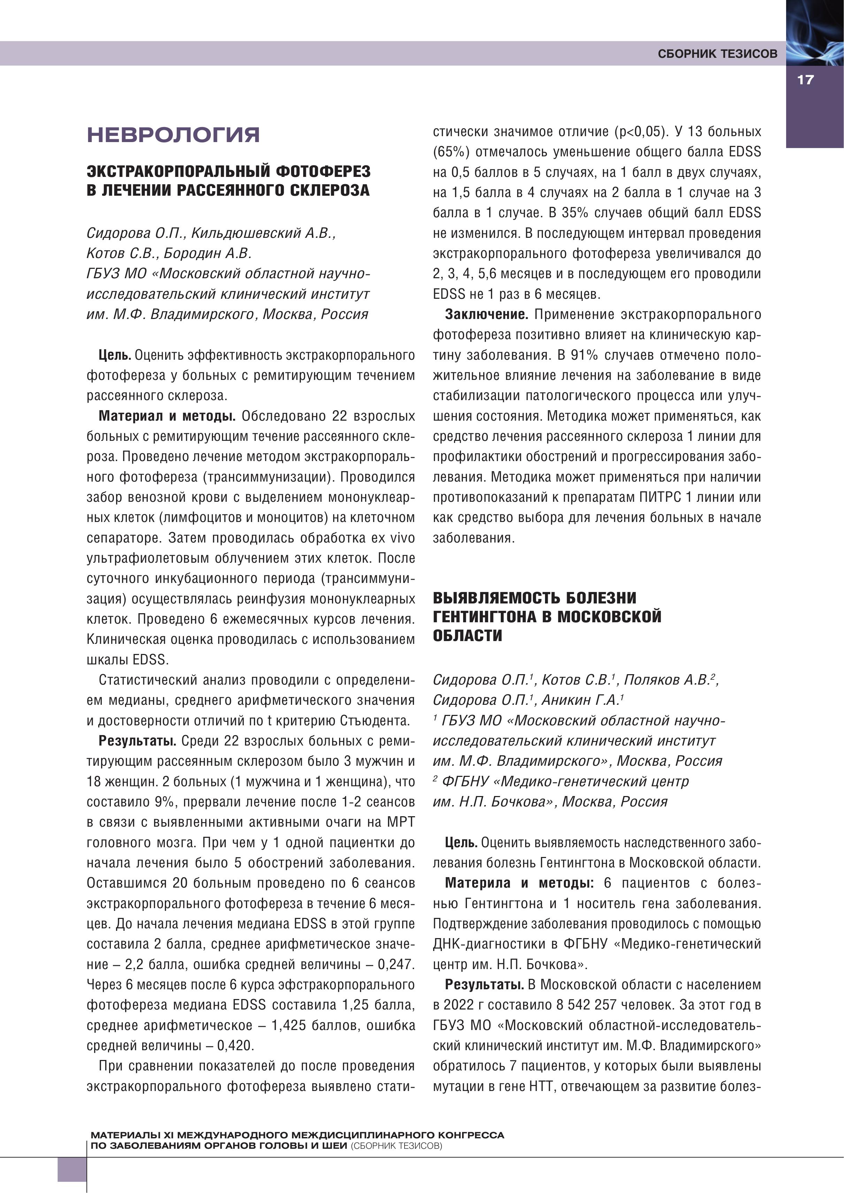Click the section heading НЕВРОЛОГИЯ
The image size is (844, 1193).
click(x=173, y=134)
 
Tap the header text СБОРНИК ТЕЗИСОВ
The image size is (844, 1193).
click(x=717, y=54)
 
